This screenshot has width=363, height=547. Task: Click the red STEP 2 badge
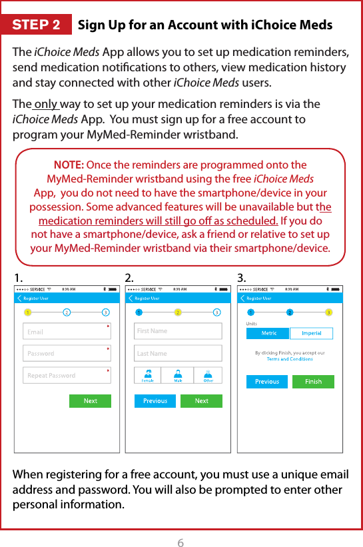pos(37,25)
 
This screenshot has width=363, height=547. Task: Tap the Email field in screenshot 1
pos(67,331)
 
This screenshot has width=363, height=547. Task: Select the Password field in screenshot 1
pos(67,353)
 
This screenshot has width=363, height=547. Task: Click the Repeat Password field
pos(67,375)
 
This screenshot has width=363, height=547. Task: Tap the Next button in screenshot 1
pos(91,401)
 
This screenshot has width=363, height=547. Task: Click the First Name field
pos(178,331)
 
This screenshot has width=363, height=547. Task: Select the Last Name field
pos(178,353)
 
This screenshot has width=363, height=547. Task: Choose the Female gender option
pos(149,376)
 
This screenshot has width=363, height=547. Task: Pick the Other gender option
pos(208,376)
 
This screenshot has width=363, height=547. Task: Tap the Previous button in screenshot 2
pos(155,401)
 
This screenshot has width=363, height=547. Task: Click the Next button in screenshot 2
pos(202,401)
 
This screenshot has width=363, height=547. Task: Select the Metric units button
pos(268,333)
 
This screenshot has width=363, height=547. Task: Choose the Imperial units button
pos(311,333)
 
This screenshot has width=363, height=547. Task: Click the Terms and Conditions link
pos(290,359)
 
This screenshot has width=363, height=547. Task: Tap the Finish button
pos(313,382)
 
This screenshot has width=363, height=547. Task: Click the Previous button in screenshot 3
pos(267,382)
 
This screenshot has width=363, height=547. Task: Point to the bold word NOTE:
pos(68,165)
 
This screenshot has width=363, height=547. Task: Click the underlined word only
pos(46,105)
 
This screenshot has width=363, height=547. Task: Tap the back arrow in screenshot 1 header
pos(19,298)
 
